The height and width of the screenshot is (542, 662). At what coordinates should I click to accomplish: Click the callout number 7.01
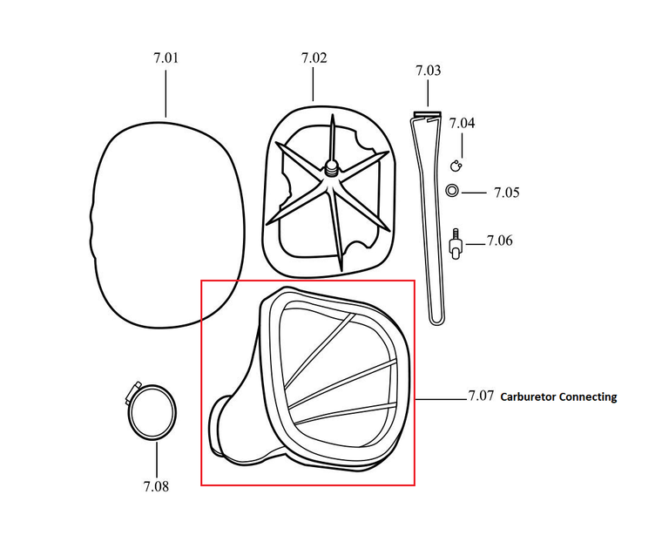pyautogui.click(x=165, y=58)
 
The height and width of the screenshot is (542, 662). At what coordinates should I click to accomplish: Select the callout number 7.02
pyautogui.click(x=314, y=58)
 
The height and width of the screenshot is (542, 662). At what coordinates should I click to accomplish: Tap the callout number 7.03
pyautogui.click(x=428, y=71)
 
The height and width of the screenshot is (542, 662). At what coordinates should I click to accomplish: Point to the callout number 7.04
pyautogui.click(x=462, y=124)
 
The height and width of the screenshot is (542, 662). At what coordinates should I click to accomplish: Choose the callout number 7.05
pyautogui.click(x=506, y=193)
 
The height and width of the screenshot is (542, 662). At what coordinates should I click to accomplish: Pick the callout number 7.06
pyautogui.click(x=499, y=241)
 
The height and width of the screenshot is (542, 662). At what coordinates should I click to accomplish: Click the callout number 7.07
pyautogui.click(x=481, y=396)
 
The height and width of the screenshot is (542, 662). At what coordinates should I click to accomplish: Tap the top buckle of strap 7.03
pyautogui.click(x=427, y=116)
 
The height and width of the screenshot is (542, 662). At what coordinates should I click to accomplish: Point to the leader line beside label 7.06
pyautogui.click(x=475, y=246)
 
